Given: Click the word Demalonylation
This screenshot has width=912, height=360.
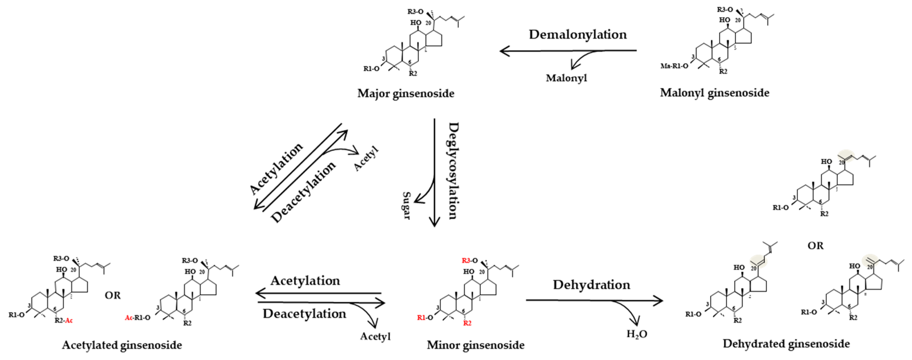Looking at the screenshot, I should point(577,35).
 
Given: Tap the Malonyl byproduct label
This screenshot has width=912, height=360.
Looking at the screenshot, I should point(566,78).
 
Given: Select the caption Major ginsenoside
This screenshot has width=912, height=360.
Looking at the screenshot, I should point(406,93).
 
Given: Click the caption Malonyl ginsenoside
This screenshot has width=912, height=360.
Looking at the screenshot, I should point(714,93).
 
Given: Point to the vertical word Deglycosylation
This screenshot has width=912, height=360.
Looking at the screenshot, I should point(454,171).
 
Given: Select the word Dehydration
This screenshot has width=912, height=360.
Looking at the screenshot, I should point(591,285).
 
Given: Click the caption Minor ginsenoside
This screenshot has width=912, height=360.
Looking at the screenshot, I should point(476,345).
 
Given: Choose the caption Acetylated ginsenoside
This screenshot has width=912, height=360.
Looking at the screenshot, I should point(122,345).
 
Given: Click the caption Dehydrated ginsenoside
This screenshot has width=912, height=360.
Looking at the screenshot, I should point(786,344).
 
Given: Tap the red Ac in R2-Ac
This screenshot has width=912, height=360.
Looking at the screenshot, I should point(69,321).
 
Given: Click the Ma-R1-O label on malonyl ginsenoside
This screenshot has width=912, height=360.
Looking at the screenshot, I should point(674,66).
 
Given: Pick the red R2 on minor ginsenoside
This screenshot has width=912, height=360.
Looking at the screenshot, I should point(467,323).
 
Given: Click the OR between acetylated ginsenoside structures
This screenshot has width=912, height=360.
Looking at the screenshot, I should point(113,295).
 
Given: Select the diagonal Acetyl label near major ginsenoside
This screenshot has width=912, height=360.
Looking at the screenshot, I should point(366,159).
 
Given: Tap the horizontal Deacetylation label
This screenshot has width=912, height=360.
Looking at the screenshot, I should point(304,314).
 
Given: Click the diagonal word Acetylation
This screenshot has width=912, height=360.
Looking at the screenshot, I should point(276,168).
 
